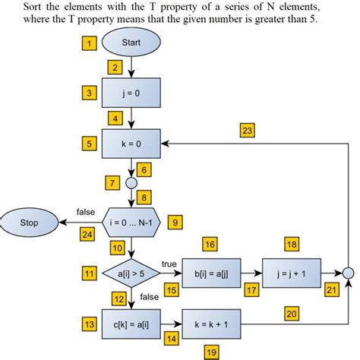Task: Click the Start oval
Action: click(132, 43)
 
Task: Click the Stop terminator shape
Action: click(29, 223)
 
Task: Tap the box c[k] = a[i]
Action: click(132, 324)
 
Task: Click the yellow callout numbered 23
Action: click(247, 130)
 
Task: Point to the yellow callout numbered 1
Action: click(90, 44)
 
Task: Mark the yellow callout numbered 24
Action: click(87, 235)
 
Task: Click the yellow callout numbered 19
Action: click(211, 351)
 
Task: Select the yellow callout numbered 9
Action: click(175, 223)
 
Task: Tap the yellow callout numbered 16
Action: click(211, 244)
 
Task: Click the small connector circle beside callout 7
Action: click(132, 183)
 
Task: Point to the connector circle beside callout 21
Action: click(349, 272)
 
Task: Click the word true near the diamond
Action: click(169, 264)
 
